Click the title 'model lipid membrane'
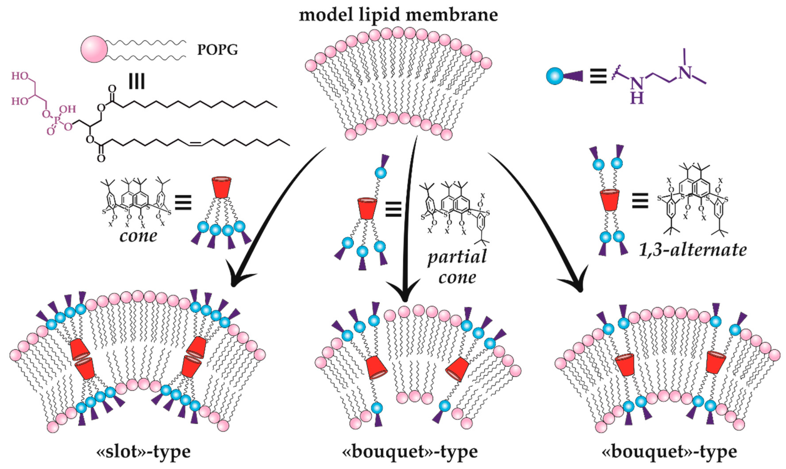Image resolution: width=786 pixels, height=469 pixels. pos(399,15)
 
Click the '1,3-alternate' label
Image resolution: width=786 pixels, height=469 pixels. pos(692,250)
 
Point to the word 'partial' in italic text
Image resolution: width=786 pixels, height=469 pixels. pos(457,257)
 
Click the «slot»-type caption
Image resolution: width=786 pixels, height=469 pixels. pos(143,452)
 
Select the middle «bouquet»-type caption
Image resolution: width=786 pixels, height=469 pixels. pos(410,452)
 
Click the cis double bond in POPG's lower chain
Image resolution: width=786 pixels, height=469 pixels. pos(195,144)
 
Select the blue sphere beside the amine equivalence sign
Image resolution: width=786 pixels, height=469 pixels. pos(555,77)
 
